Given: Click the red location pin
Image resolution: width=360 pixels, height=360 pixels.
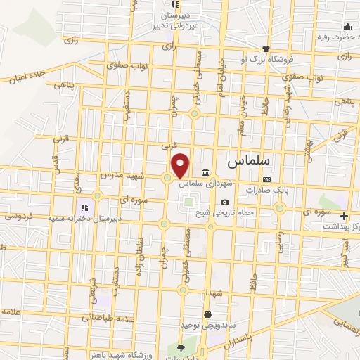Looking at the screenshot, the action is pyautogui.click(x=181, y=165).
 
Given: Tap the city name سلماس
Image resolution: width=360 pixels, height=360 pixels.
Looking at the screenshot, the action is pyautogui.click(x=248, y=161).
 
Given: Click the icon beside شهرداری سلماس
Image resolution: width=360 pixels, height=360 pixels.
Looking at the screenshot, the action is pyautogui.click(x=205, y=173).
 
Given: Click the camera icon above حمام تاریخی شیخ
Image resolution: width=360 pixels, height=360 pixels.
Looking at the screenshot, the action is pyautogui.click(x=224, y=202).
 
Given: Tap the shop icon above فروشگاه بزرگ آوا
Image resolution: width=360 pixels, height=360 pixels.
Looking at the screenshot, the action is pyautogui.click(x=265, y=49).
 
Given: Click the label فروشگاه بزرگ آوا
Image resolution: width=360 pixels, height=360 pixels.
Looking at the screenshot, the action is pyautogui.click(x=265, y=58).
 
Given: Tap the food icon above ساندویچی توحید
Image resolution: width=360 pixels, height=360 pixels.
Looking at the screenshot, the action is pyautogui.click(x=207, y=315).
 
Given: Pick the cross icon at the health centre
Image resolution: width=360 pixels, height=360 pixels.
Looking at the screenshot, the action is pyautogui.click(x=343, y=216).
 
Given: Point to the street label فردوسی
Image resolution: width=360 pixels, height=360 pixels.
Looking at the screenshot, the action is pyautogui.click(x=15, y=217).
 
